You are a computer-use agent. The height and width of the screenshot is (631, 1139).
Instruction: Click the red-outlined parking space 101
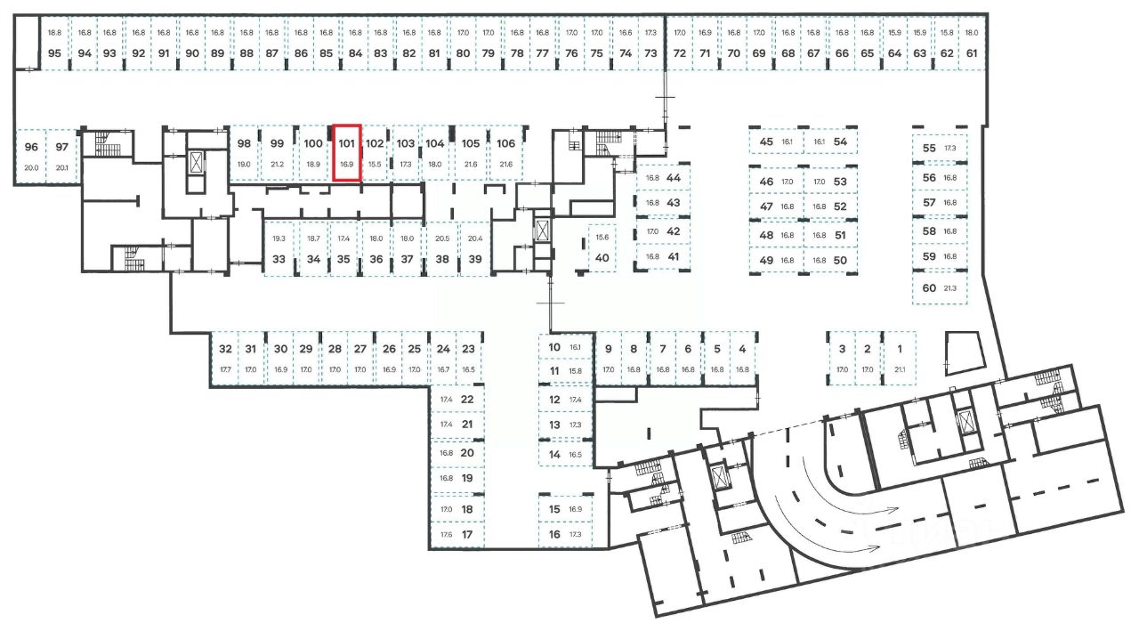click(346, 153)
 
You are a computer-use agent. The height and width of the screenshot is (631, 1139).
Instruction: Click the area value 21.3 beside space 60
click(950, 288)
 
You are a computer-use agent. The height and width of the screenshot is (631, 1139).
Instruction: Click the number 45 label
click(766, 142)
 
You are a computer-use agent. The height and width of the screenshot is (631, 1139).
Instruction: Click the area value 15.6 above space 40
click(602, 238)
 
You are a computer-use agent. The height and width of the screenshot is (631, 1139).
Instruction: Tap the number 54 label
click(840, 142)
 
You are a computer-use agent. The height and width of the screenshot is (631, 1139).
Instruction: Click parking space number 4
click(742, 349)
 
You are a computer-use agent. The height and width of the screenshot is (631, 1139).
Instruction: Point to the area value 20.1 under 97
click(61, 167)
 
